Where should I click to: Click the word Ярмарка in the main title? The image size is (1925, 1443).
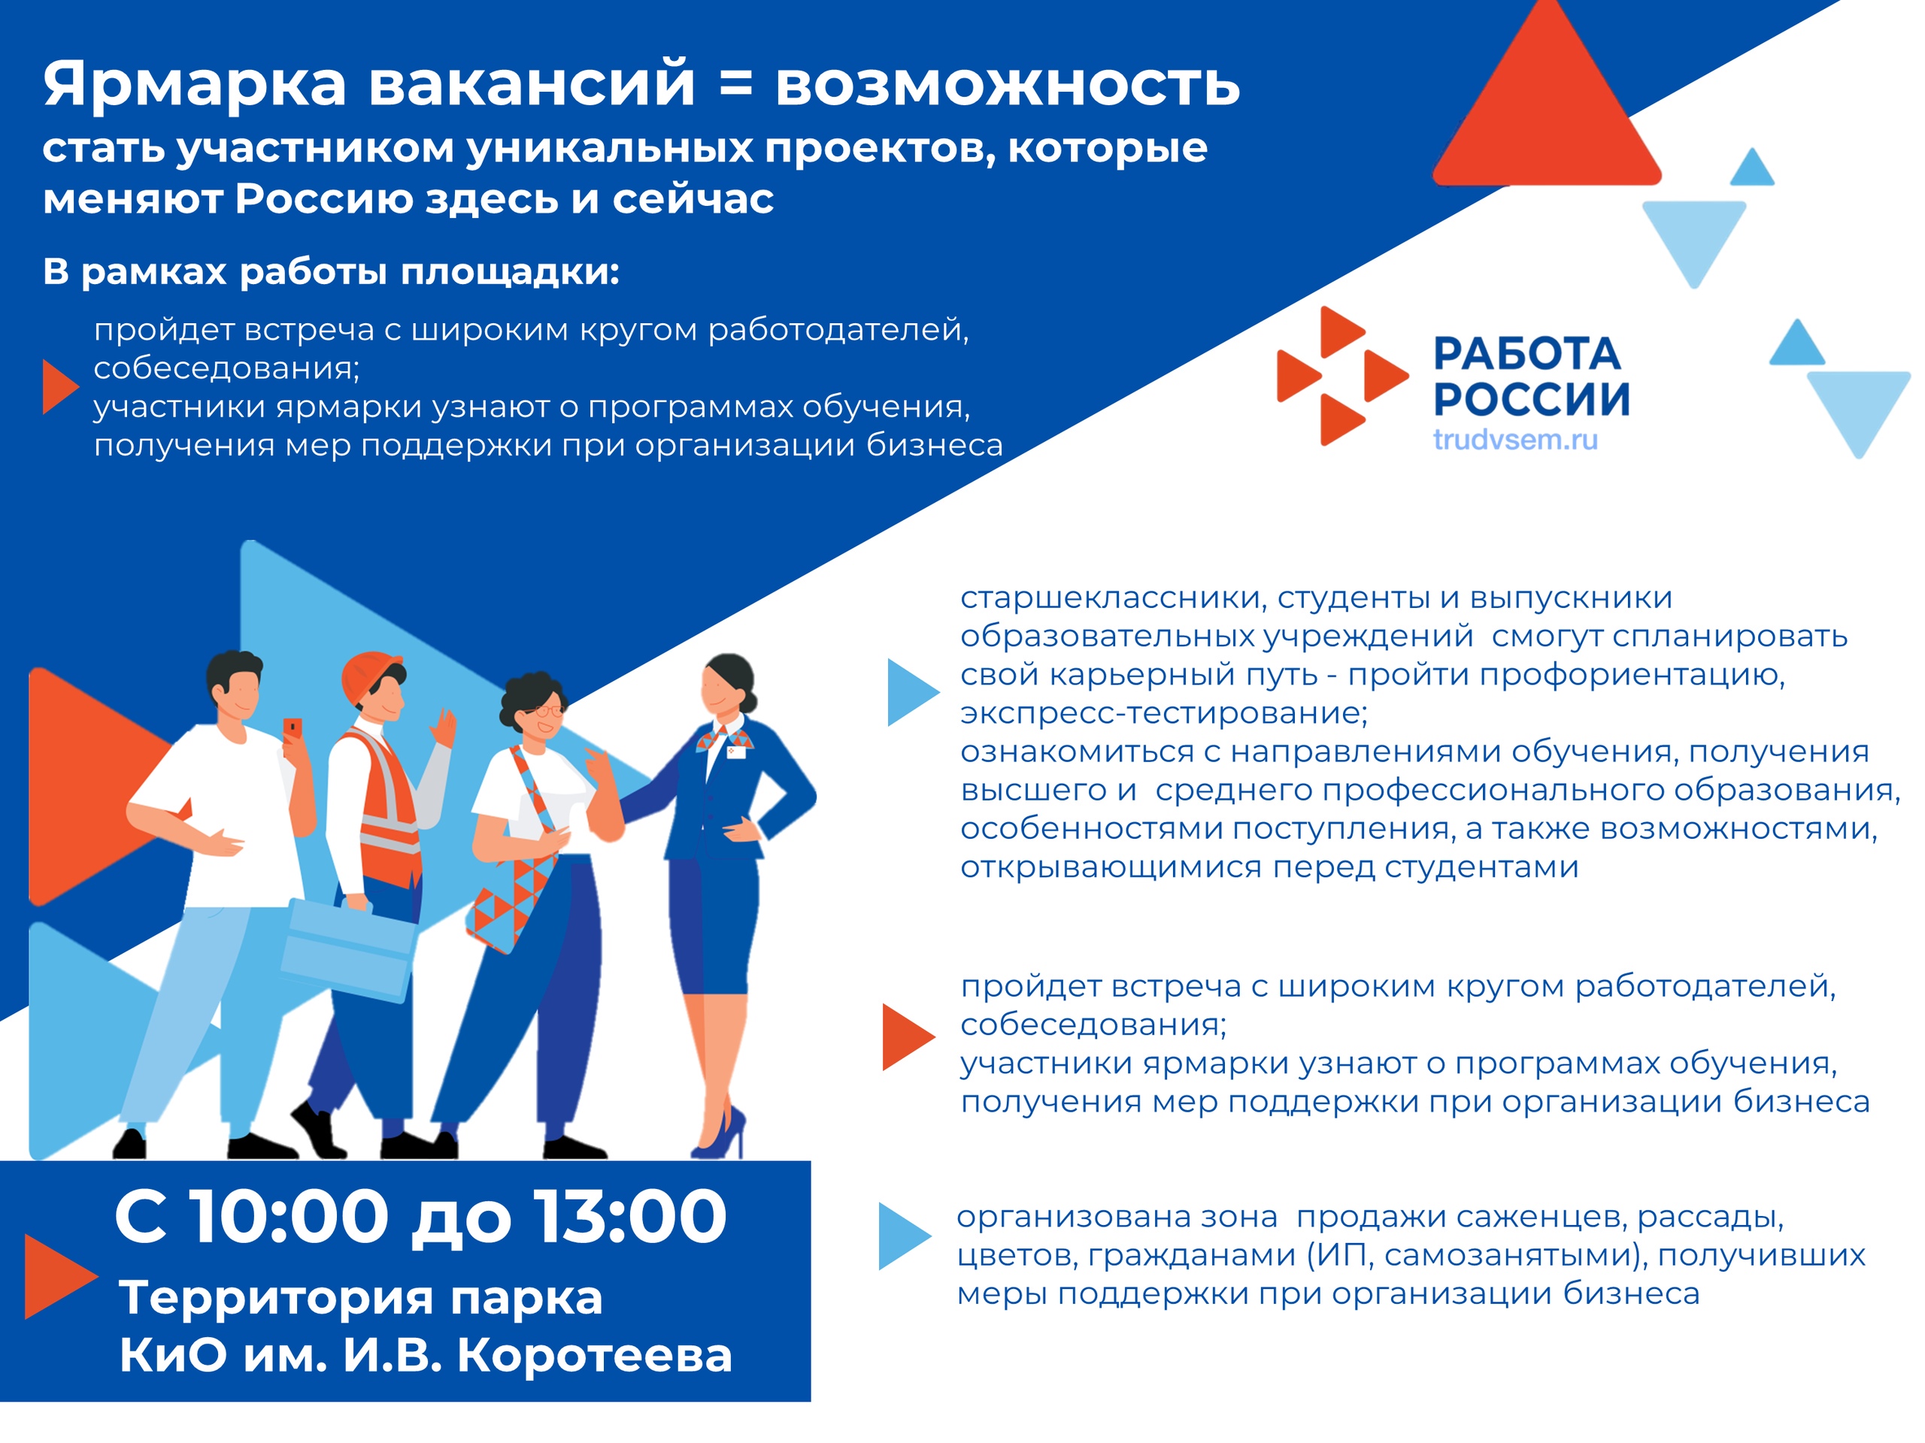[195, 85]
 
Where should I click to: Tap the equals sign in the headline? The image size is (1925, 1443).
[735, 83]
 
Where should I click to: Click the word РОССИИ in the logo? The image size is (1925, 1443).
[1532, 399]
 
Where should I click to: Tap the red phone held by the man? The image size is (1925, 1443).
[293, 728]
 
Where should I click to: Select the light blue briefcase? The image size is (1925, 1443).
[347, 950]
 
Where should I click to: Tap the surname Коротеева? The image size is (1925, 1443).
[594, 1354]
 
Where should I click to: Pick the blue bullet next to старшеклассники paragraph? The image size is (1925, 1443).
[913, 692]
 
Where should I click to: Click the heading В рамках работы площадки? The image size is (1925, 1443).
[331, 272]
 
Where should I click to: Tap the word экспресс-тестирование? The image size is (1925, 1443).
[1163, 713]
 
